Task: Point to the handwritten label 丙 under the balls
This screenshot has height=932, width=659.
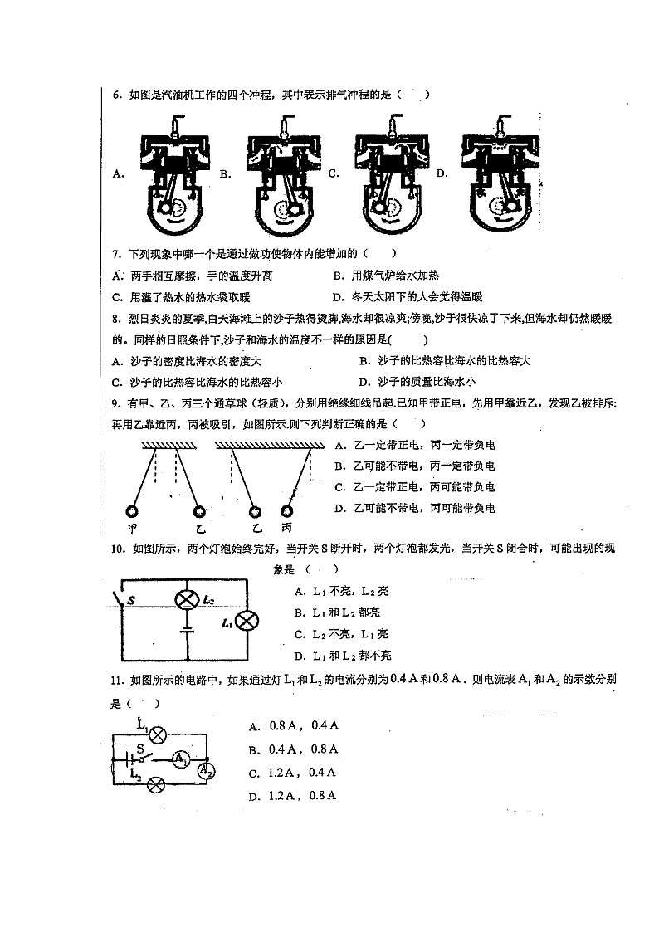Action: point(287,529)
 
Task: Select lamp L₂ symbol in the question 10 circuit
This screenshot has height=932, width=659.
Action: point(188,599)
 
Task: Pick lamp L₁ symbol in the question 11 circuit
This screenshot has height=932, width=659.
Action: point(157,733)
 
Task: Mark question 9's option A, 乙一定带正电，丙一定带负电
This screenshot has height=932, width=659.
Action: point(414,445)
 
